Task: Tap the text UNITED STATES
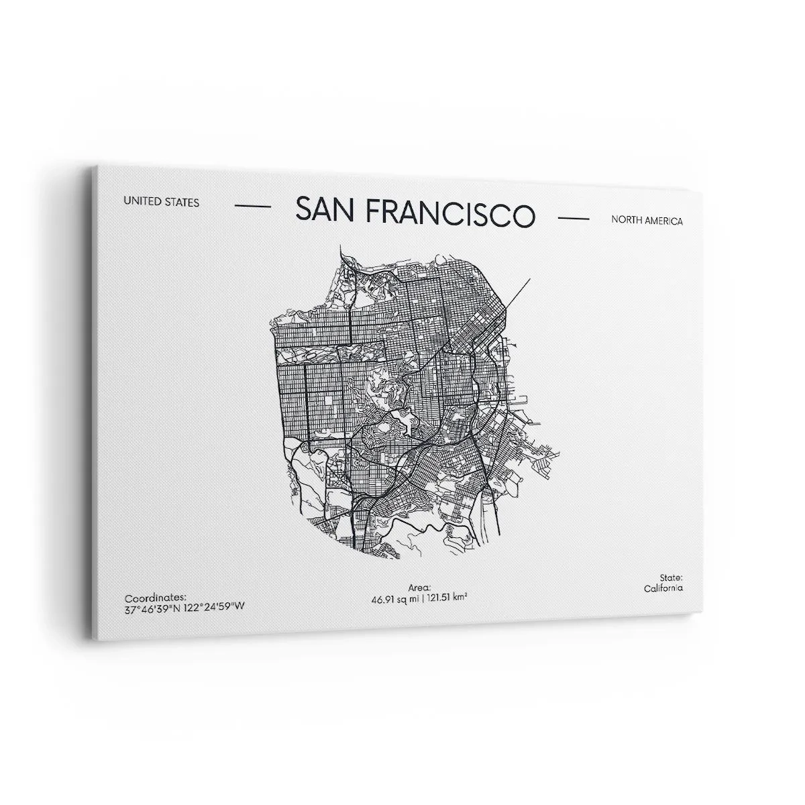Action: click(161, 202)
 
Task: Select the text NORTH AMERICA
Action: click(647, 221)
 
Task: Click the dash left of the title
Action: click(254, 206)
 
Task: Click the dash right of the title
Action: click(574, 218)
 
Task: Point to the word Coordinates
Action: click(155, 596)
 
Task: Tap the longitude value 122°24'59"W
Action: click(213, 606)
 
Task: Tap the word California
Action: click(663, 588)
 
